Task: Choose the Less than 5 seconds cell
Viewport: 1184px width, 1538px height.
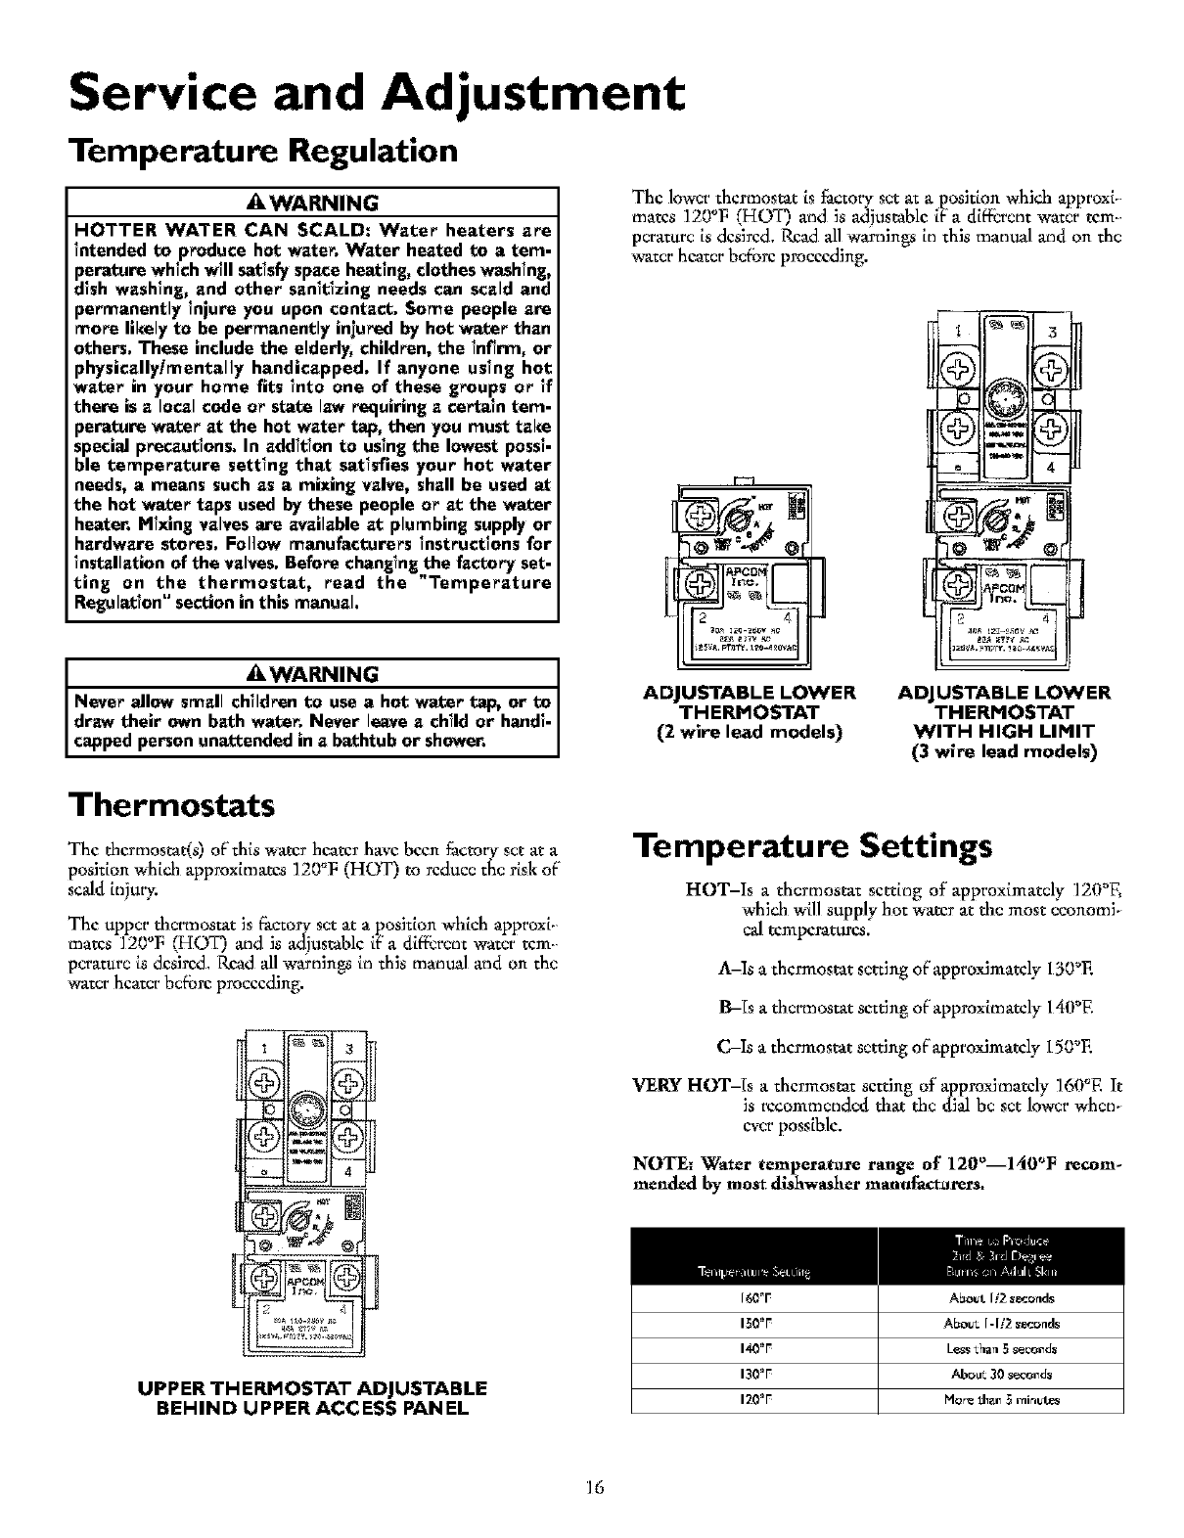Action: (1000, 1347)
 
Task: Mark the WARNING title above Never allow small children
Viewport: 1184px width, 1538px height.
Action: (311, 674)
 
